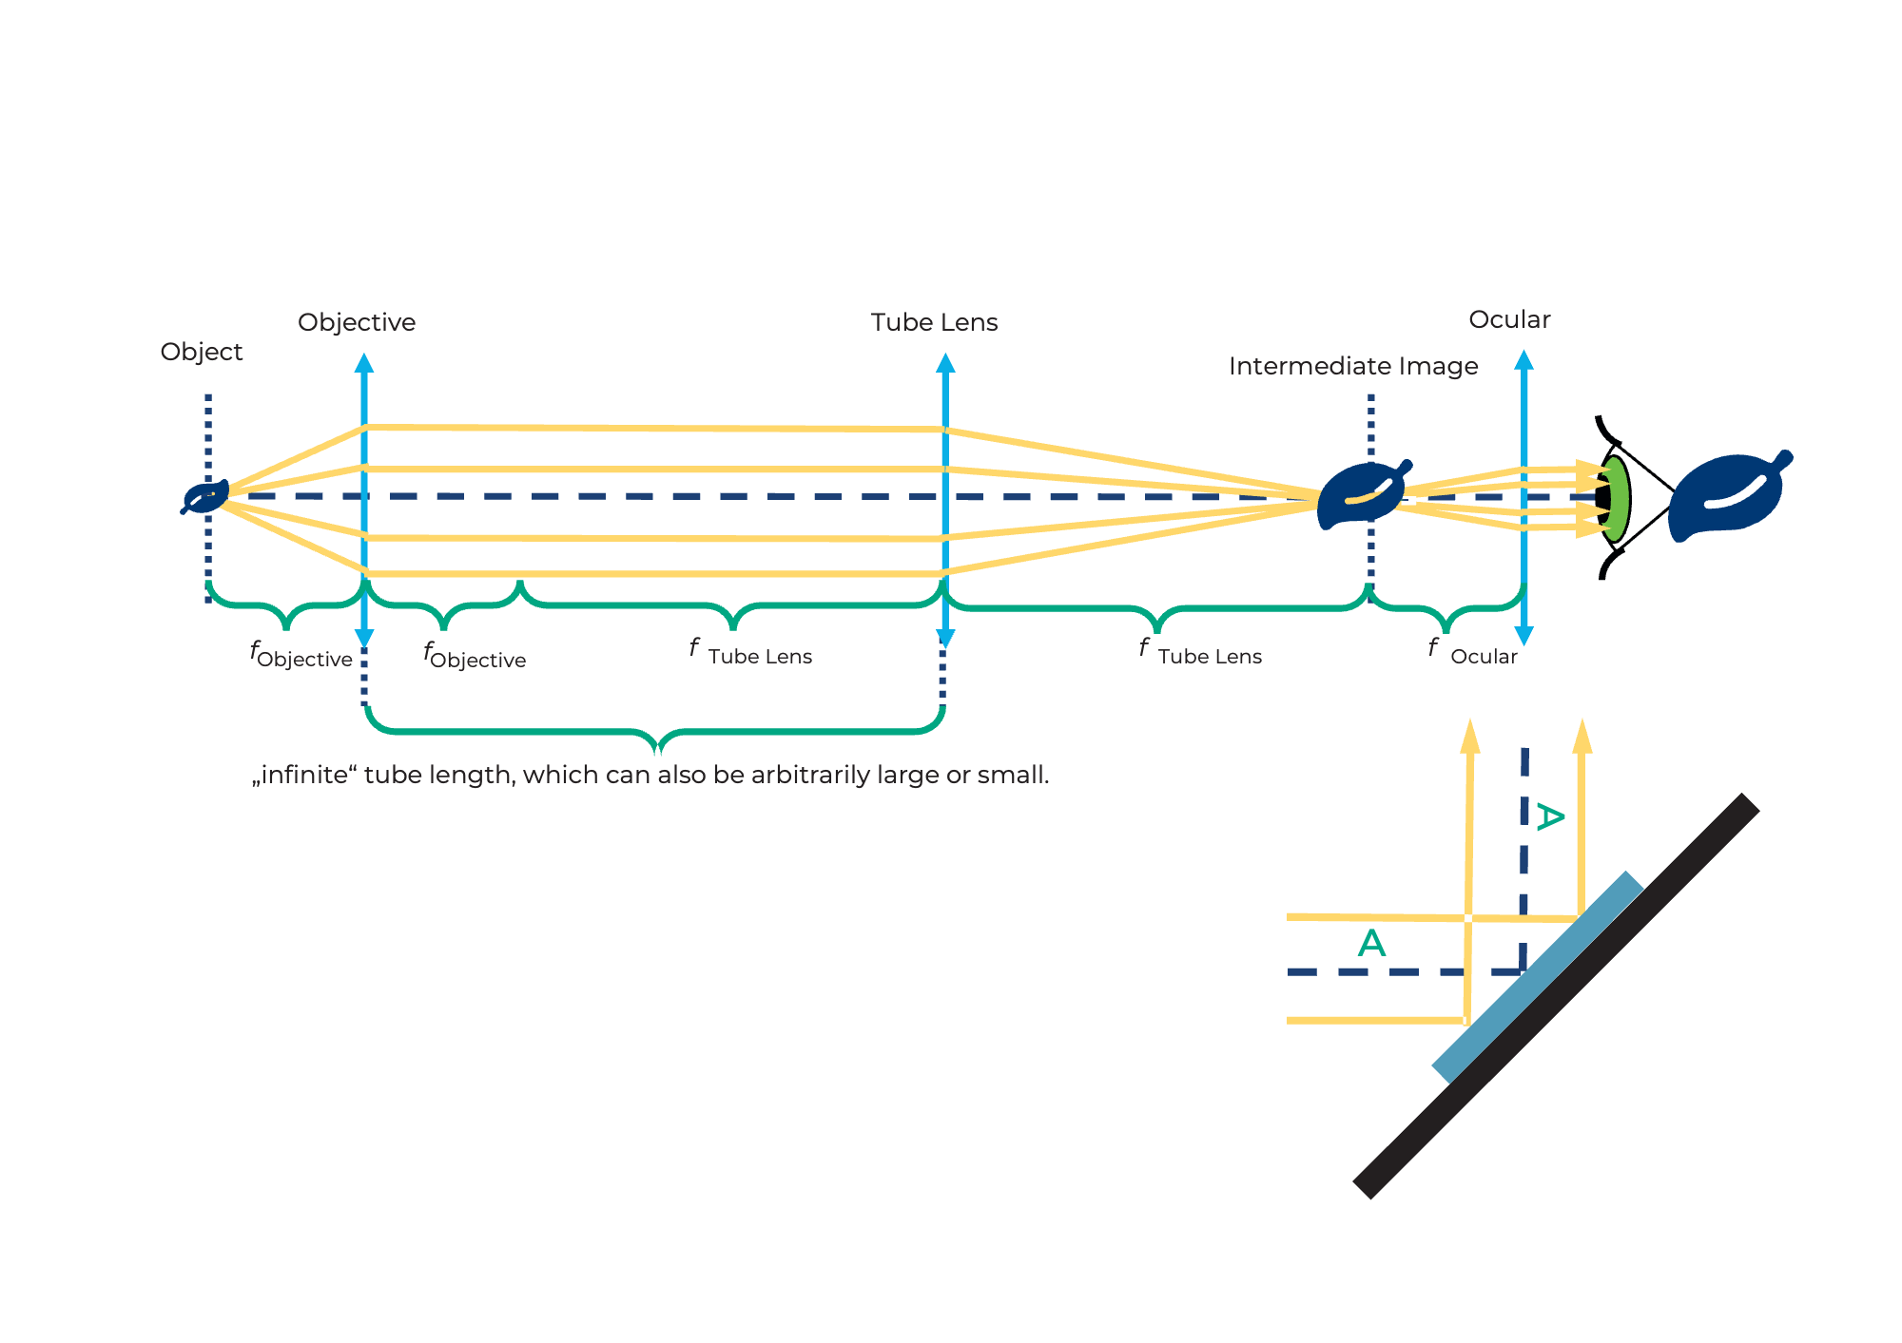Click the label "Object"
pos(202,352)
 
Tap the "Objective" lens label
pos(357,322)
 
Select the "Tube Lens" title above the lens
pos(934,322)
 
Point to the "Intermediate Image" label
pos(1352,366)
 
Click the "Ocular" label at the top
pos(1509,319)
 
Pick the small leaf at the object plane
pos(205,497)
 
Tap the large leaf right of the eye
pos(1726,497)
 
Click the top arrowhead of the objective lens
pos(364,363)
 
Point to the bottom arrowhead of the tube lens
pos(945,637)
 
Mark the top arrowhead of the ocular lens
pos(1524,360)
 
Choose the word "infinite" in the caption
pos(304,775)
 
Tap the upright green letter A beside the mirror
pos(1371,943)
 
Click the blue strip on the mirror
pos(1538,977)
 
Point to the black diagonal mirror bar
pos(1556,996)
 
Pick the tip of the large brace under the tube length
pos(657,750)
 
